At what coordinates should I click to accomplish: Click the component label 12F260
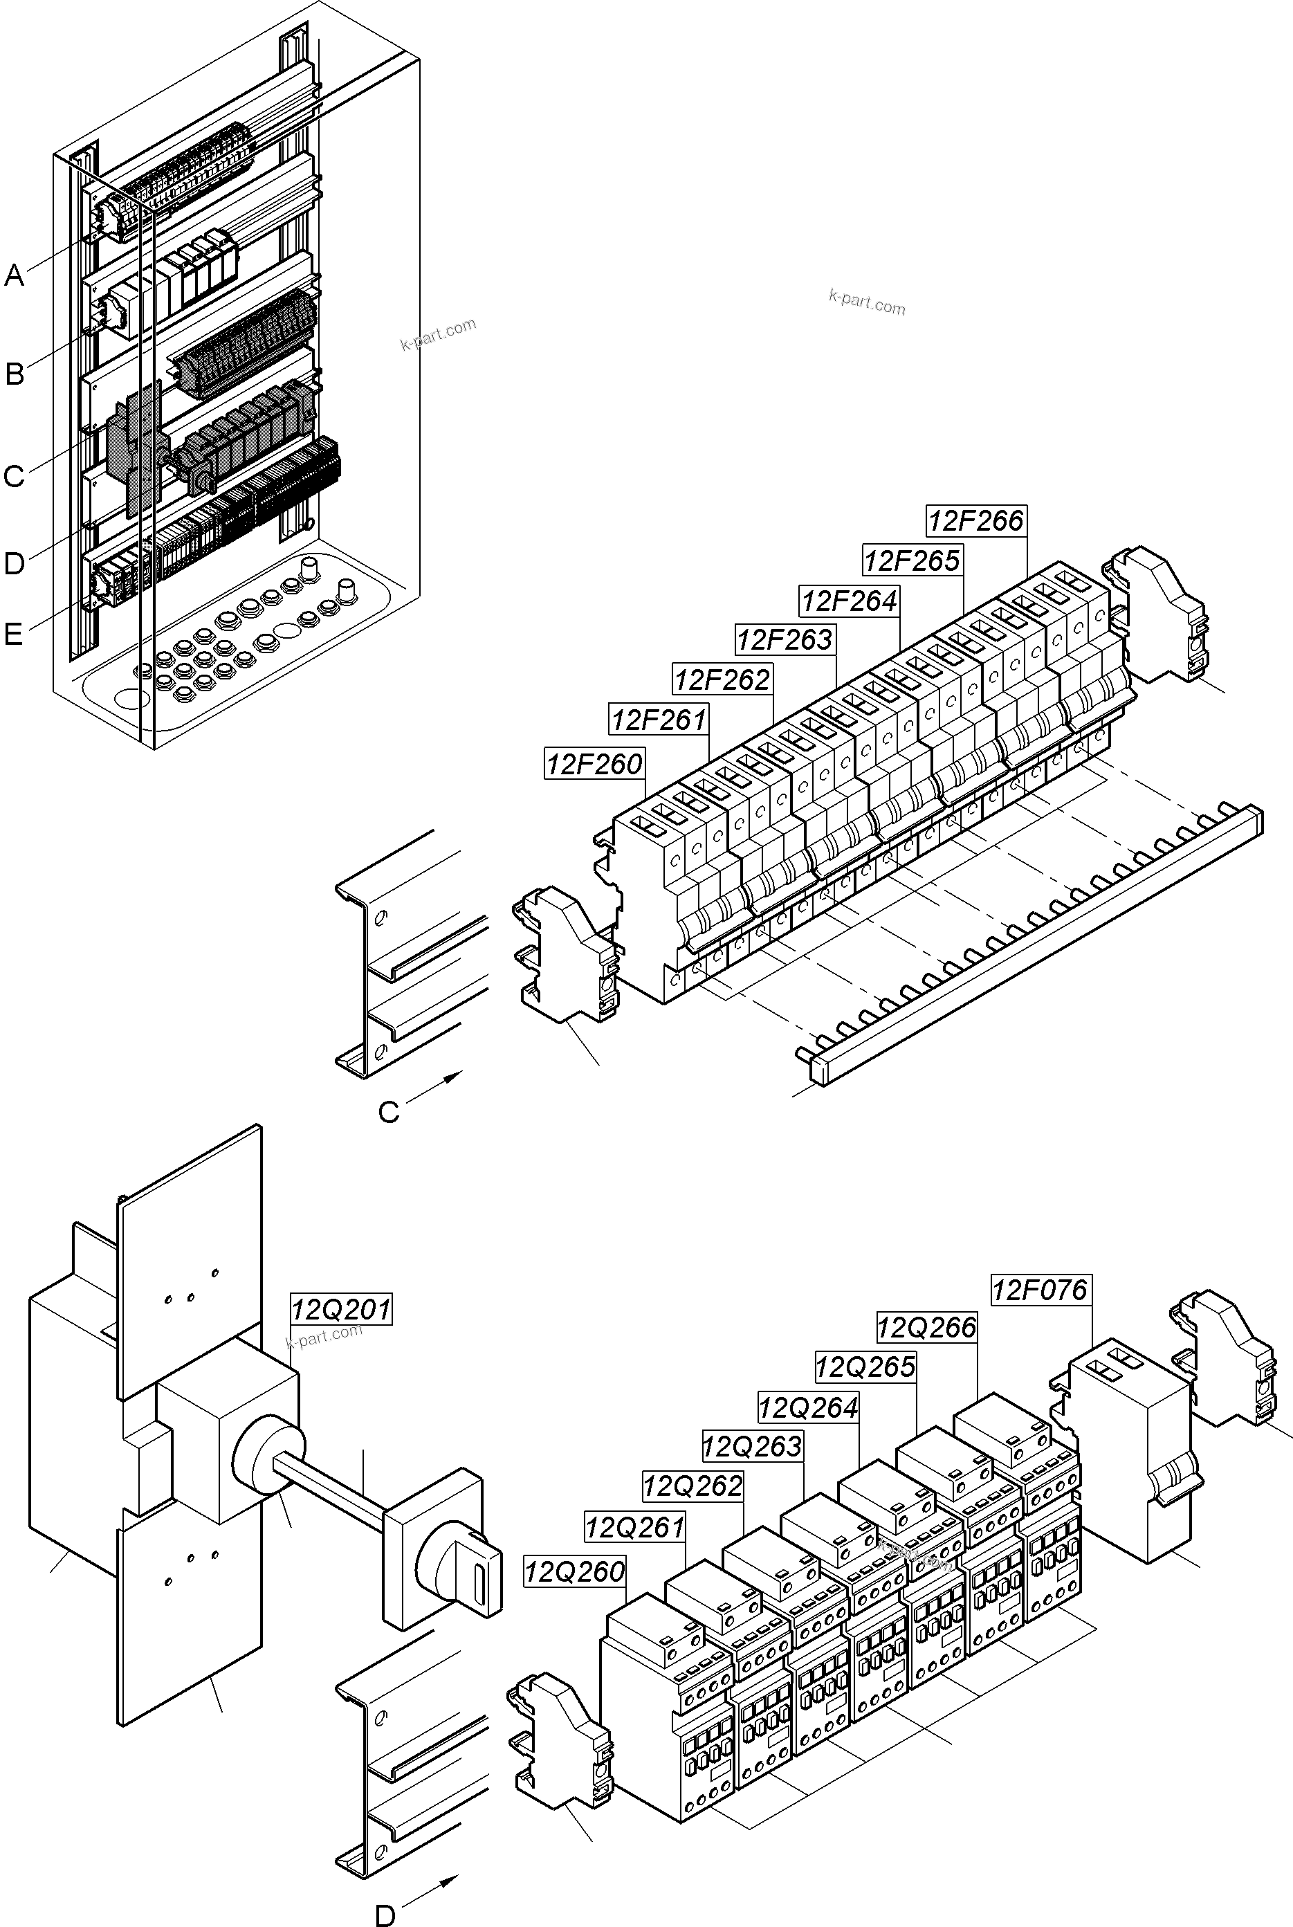coord(594,764)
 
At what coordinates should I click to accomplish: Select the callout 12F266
coord(975,520)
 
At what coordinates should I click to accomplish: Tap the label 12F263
coord(785,639)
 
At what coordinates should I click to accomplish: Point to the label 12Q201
coord(341,1308)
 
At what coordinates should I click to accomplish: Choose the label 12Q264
coord(808,1407)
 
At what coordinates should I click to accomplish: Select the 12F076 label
coord(1040,1290)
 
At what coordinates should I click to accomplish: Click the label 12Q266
coord(926,1328)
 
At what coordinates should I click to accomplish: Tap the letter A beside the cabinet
coord(14,275)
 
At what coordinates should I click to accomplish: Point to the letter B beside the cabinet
coord(14,374)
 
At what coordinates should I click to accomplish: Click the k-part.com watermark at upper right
coord(867,302)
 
